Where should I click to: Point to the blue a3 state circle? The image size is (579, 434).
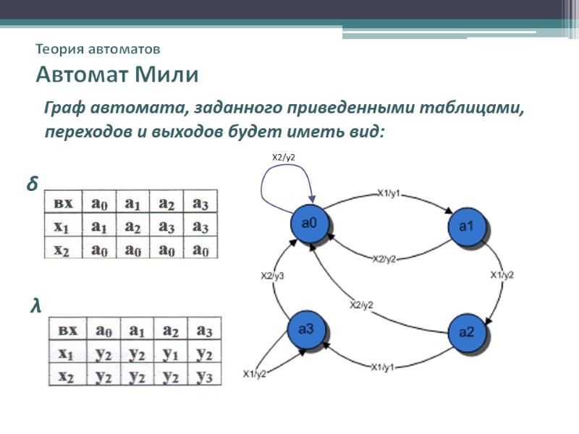(x=307, y=331)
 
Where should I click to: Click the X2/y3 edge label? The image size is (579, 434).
(x=272, y=276)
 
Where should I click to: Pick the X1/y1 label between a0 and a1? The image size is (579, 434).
(x=389, y=193)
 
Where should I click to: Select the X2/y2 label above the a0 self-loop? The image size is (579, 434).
(x=284, y=157)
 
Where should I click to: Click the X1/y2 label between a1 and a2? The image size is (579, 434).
(x=502, y=275)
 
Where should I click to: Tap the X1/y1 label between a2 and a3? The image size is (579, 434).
(x=383, y=367)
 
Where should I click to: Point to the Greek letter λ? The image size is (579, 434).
(x=35, y=307)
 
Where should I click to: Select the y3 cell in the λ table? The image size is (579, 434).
(x=205, y=377)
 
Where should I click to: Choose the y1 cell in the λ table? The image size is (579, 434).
(x=171, y=354)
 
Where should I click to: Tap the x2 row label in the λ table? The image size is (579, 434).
(x=66, y=377)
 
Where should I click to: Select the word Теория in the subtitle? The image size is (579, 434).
(x=59, y=49)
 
